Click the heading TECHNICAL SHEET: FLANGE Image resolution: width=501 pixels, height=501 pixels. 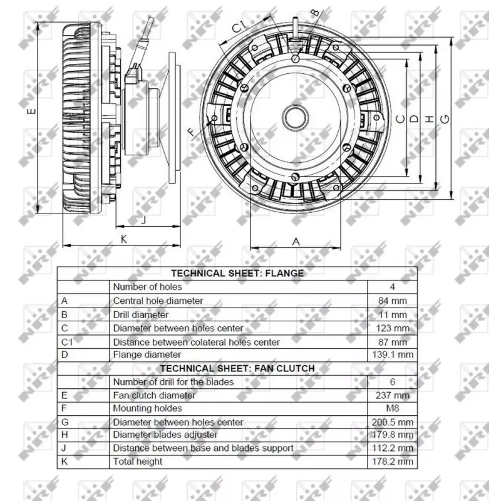coord(237,273)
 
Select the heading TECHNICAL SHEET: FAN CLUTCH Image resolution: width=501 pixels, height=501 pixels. coord(237,368)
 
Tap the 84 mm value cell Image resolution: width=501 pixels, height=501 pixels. coord(393,301)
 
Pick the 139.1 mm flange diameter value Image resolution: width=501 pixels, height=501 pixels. coord(393,354)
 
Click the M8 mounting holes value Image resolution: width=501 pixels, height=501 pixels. coord(393,408)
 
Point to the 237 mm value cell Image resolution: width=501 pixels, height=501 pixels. coord(393,395)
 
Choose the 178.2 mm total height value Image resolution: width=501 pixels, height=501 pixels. coord(393,462)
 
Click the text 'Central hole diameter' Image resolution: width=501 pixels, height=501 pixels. coord(158,301)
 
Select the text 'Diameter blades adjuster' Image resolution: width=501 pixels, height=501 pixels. coord(165,435)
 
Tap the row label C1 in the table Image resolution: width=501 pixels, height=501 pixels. coord(67,342)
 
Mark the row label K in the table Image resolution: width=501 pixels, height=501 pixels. coord(64,462)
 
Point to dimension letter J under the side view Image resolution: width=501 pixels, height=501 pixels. coord(144,219)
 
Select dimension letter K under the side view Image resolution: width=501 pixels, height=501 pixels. coord(124,239)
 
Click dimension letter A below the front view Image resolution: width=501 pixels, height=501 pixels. coord(297,241)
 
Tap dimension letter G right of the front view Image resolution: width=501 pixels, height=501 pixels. coord(445,118)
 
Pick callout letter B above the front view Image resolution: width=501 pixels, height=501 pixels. coord(315,12)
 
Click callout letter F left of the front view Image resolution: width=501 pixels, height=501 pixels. coord(192,132)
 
